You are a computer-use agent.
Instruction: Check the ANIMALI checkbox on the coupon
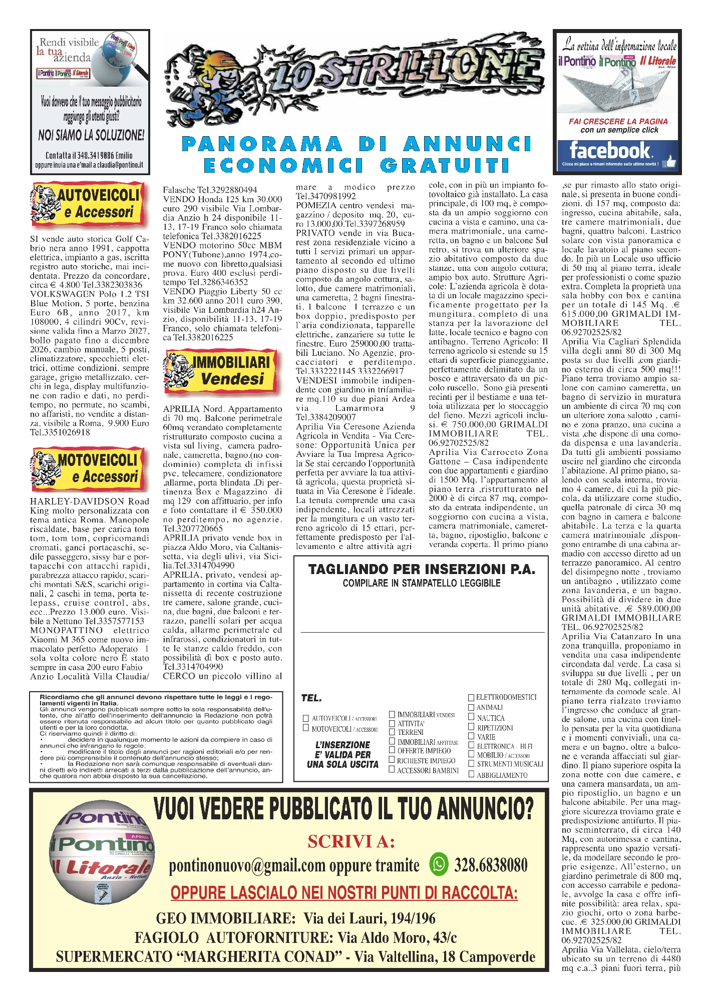471,707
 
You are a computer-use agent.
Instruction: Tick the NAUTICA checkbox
471,717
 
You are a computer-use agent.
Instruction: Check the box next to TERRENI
392,732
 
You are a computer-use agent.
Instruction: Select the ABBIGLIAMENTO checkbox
471,774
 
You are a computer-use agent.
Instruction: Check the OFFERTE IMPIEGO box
392,750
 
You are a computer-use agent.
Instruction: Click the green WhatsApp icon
439,864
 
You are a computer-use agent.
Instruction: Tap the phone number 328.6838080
491,865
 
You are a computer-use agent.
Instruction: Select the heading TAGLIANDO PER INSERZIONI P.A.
422,569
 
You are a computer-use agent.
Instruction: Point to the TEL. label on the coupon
311,698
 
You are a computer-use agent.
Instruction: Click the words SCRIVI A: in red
351,841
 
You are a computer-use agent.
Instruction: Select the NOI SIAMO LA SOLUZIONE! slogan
91,135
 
